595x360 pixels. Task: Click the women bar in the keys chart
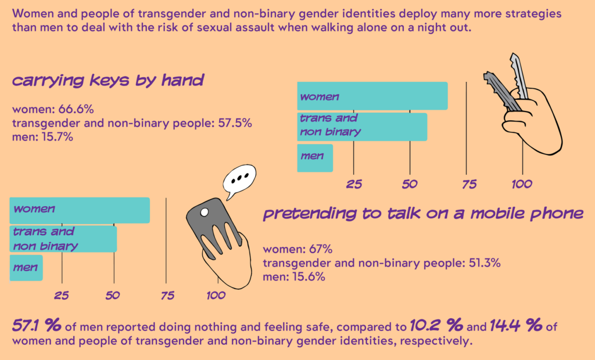click(372, 96)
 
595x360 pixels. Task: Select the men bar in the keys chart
click(315, 158)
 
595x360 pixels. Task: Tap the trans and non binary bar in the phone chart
click(63, 239)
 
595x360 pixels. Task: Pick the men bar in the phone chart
click(26, 268)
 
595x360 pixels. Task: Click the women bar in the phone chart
click(79, 210)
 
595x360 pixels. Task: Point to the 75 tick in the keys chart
click(468, 185)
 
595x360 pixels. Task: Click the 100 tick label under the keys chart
click(521, 185)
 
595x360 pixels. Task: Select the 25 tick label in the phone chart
click(62, 296)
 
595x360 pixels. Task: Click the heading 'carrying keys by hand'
click(108, 81)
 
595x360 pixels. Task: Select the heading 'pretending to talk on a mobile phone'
click(423, 214)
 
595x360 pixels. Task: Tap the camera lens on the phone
click(205, 213)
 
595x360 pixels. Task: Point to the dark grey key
click(501, 91)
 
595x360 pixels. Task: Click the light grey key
click(519, 76)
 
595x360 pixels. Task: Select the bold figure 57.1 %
click(37, 326)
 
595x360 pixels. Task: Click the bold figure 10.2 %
click(435, 326)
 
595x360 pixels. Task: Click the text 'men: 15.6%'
click(294, 277)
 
